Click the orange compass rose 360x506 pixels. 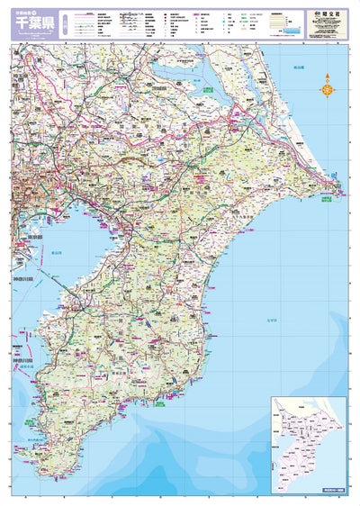click(x=327, y=89)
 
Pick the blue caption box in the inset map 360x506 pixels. click(x=328, y=489)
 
